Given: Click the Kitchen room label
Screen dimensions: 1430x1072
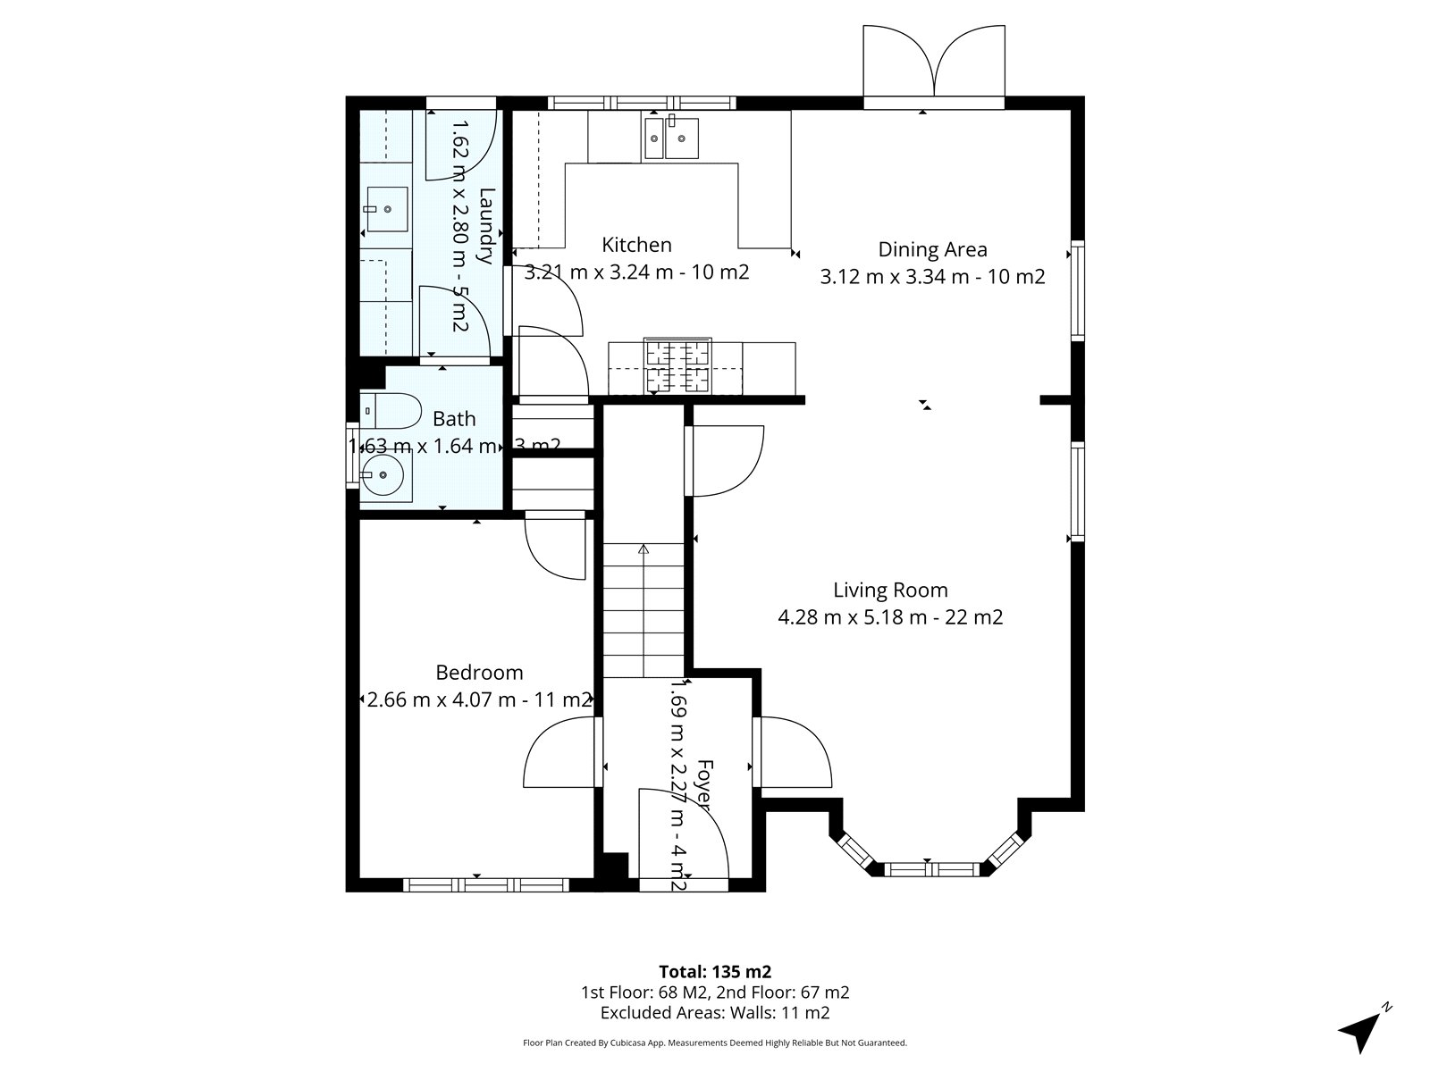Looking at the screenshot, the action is (x=636, y=245).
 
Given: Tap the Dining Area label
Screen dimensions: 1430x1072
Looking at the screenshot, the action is (x=932, y=249).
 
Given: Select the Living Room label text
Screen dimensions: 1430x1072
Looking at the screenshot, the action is (x=890, y=590).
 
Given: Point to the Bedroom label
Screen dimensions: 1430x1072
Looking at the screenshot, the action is (x=479, y=672).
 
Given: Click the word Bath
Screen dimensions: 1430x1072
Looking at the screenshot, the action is (x=454, y=418).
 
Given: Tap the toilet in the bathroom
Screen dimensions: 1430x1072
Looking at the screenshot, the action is (x=391, y=411).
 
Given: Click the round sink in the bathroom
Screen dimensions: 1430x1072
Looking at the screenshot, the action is (x=383, y=475).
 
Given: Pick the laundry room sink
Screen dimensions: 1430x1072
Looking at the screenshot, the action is (x=388, y=209).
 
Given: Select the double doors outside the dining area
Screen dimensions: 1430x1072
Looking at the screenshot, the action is (x=934, y=65).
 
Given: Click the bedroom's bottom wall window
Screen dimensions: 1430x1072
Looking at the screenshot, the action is (x=486, y=884).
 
